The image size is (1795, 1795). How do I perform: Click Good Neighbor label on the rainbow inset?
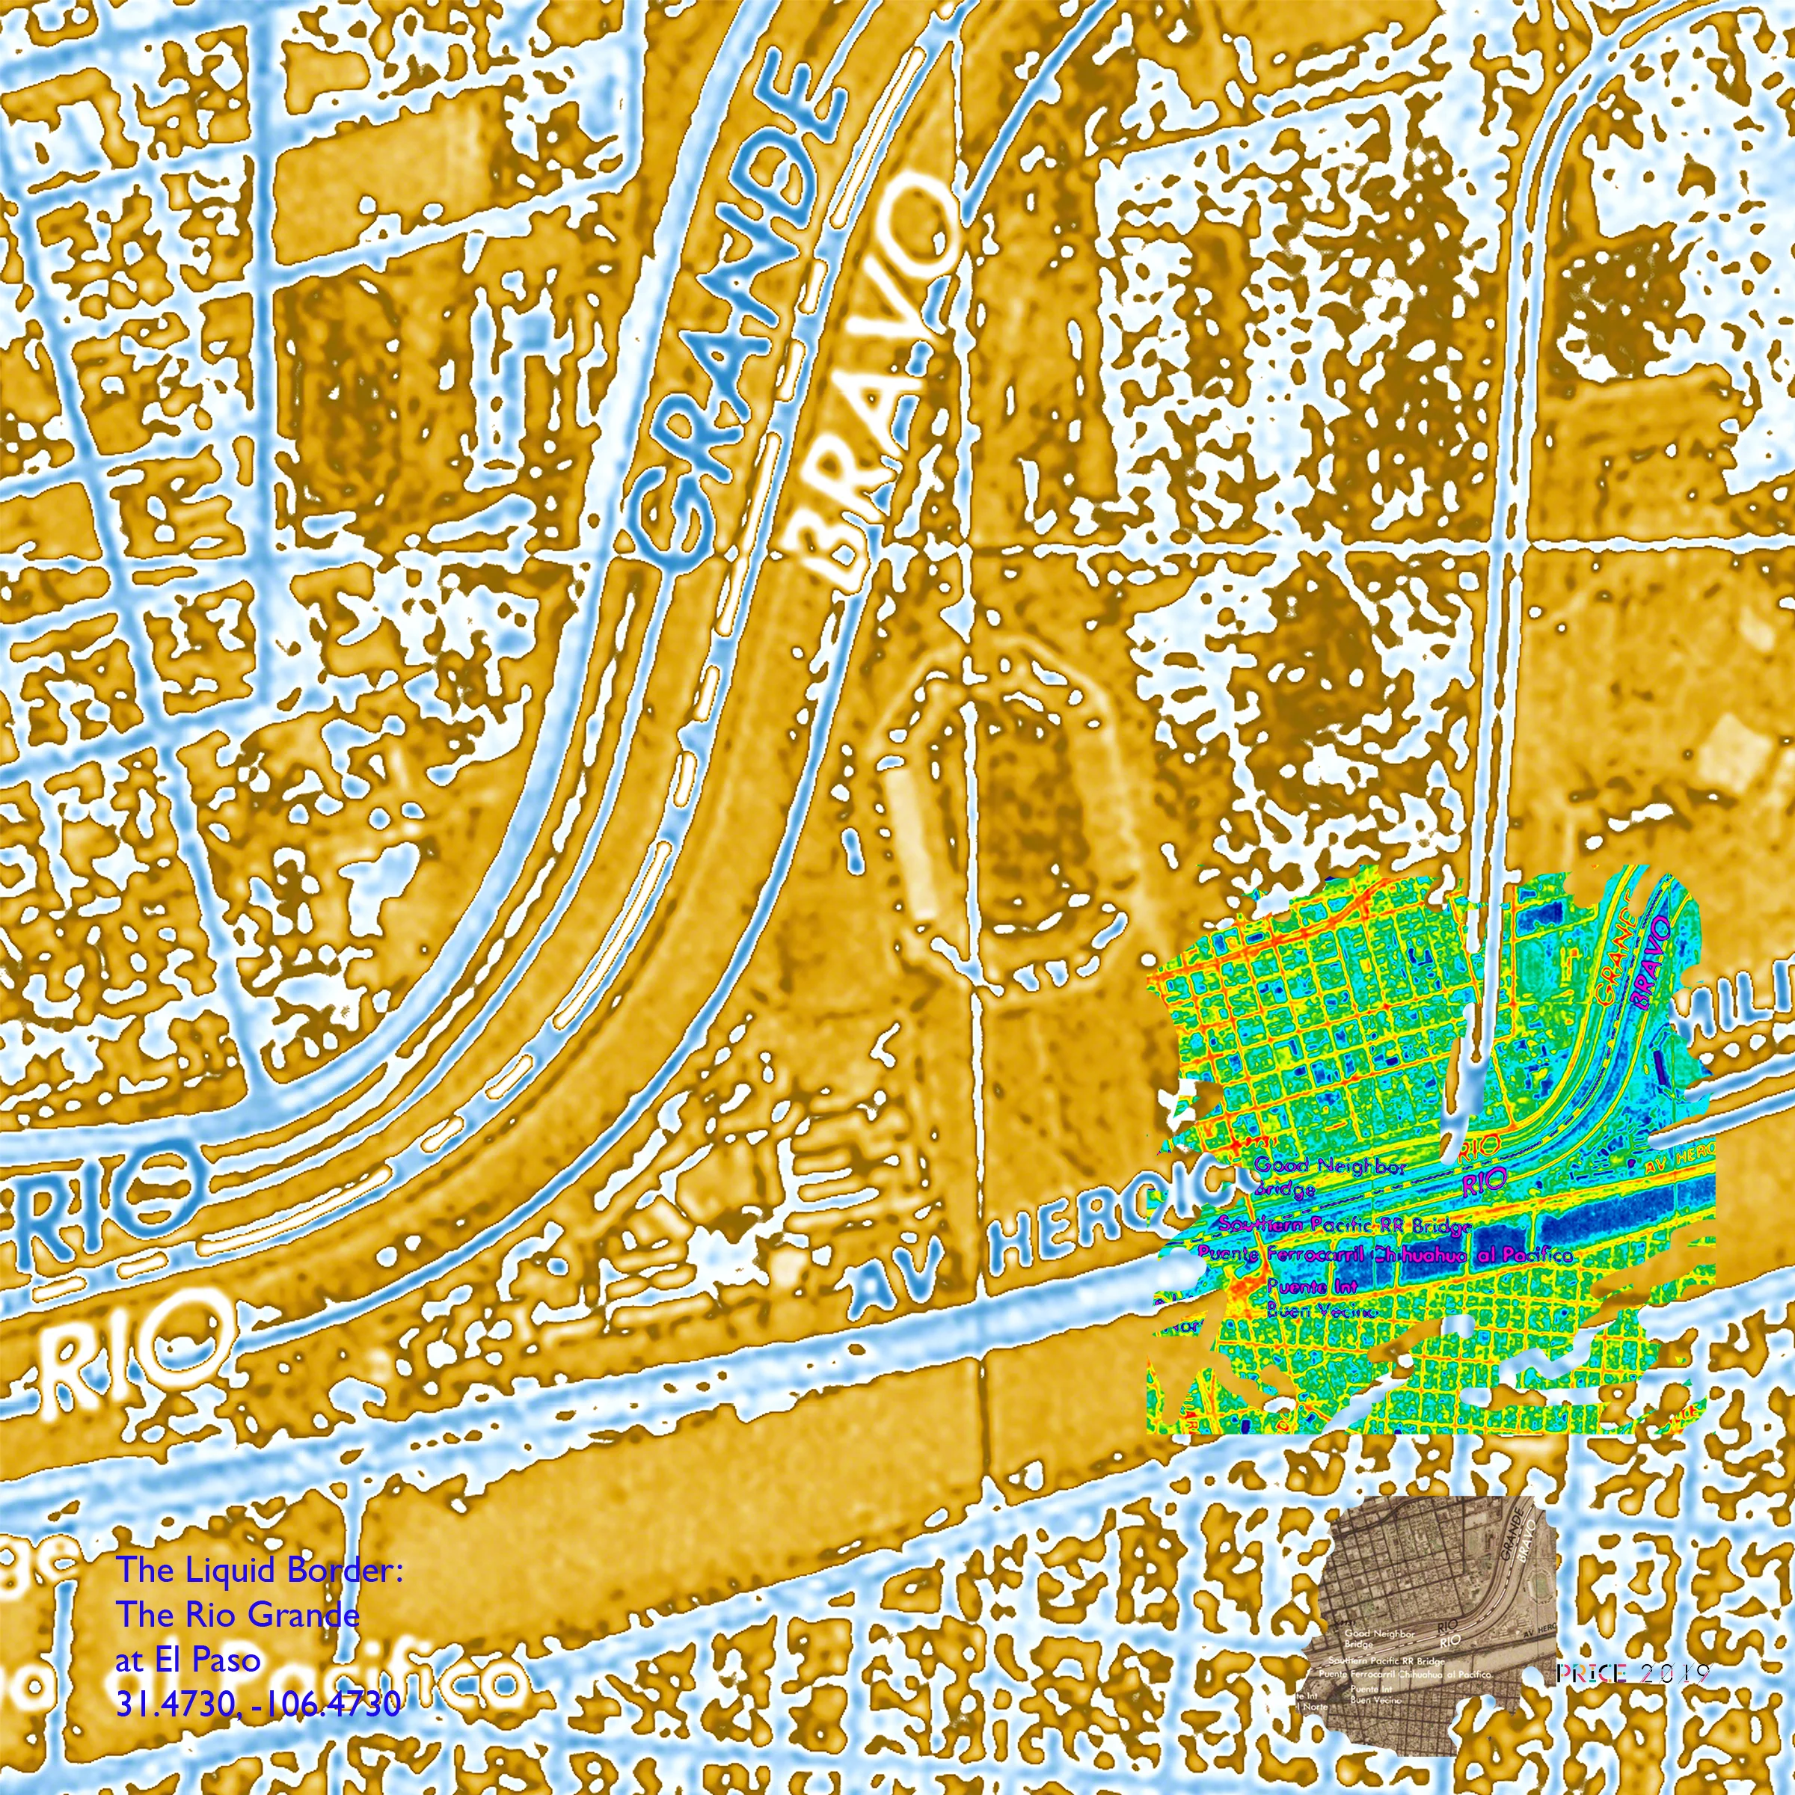tap(1328, 1166)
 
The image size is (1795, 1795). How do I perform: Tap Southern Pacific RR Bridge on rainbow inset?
tap(1345, 1226)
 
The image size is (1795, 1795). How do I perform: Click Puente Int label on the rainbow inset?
tap(1312, 1286)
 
